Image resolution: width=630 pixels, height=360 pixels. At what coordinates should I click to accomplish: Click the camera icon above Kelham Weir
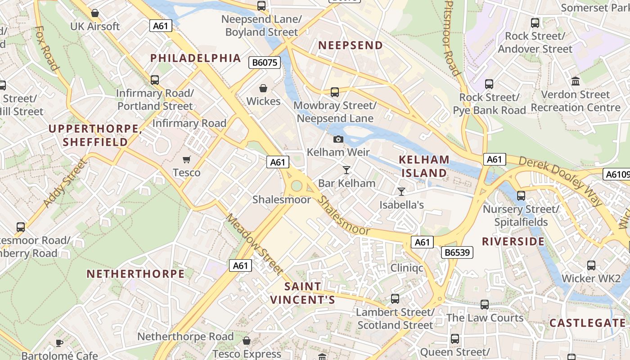[338, 139]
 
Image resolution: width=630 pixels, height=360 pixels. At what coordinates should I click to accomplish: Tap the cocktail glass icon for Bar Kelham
[346, 170]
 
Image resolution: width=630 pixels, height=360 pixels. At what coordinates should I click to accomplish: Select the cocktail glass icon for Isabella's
[401, 192]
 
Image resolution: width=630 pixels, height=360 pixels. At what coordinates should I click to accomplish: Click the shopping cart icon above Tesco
[187, 159]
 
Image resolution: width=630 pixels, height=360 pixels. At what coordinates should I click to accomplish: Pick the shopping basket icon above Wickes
[263, 88]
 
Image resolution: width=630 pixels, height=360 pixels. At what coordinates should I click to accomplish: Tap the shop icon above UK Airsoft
[95, 13]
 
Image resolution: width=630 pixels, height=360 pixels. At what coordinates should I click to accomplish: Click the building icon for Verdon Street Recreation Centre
[575, 81]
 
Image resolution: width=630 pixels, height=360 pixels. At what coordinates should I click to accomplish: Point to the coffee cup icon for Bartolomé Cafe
[59, 343]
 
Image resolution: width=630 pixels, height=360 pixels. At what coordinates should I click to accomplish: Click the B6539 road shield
[457, 252]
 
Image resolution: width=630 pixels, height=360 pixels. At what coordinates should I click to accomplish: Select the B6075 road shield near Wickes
[265, 63]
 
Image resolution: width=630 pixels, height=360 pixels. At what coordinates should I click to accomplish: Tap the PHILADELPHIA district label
[196, 58]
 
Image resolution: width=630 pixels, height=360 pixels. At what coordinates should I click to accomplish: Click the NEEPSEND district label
[351, 45]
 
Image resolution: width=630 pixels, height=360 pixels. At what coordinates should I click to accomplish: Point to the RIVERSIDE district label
[513, 242]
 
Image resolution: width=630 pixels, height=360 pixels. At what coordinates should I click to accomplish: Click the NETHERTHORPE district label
[135, 274]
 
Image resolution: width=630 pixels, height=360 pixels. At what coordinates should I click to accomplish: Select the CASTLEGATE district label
[588, 323]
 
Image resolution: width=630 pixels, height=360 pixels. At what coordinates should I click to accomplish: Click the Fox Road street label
[47, 48]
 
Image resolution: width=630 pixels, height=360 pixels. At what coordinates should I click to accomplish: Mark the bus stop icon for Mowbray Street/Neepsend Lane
[335, 92]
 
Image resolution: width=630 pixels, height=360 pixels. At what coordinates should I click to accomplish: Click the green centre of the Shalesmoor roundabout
[296, 185]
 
